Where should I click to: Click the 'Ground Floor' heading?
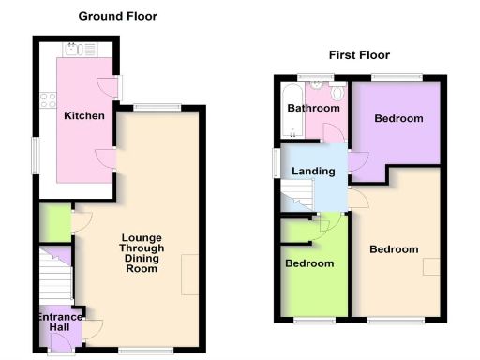(x=117, y=16)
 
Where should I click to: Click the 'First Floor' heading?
(x=359, y=55)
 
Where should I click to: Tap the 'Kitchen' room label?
(x=83, y=116)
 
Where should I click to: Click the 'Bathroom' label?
(x=311, y=109)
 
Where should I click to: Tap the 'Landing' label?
(x=313, y=172)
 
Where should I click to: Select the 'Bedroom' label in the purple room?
(x=398, y=119)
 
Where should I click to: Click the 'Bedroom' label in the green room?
(x=309, y=263)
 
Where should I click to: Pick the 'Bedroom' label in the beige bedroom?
(x=393, y=249)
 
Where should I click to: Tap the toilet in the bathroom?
(x=337, y=92)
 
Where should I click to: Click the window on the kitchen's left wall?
(x=35, y=156)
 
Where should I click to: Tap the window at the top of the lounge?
(x=157, y=106)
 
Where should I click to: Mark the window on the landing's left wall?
(x=276, y=161)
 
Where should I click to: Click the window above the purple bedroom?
(x=395, y=77)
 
